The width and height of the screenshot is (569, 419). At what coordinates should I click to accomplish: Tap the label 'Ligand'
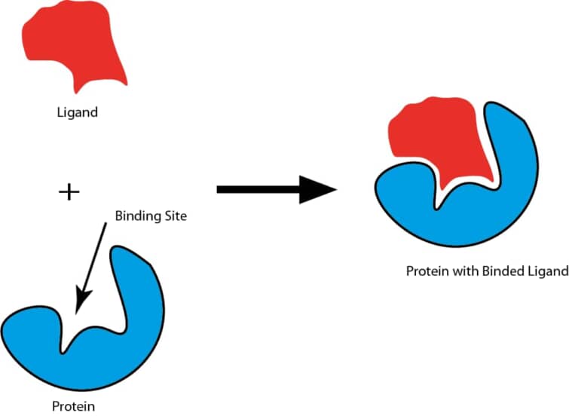[x=78, y=113]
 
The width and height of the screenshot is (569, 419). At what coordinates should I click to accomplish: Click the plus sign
[x=69, y=191]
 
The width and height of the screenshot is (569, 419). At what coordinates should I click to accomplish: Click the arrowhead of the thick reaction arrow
[x=317, y=189]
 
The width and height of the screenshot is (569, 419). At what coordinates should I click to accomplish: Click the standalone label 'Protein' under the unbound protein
[x=73, y=407]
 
